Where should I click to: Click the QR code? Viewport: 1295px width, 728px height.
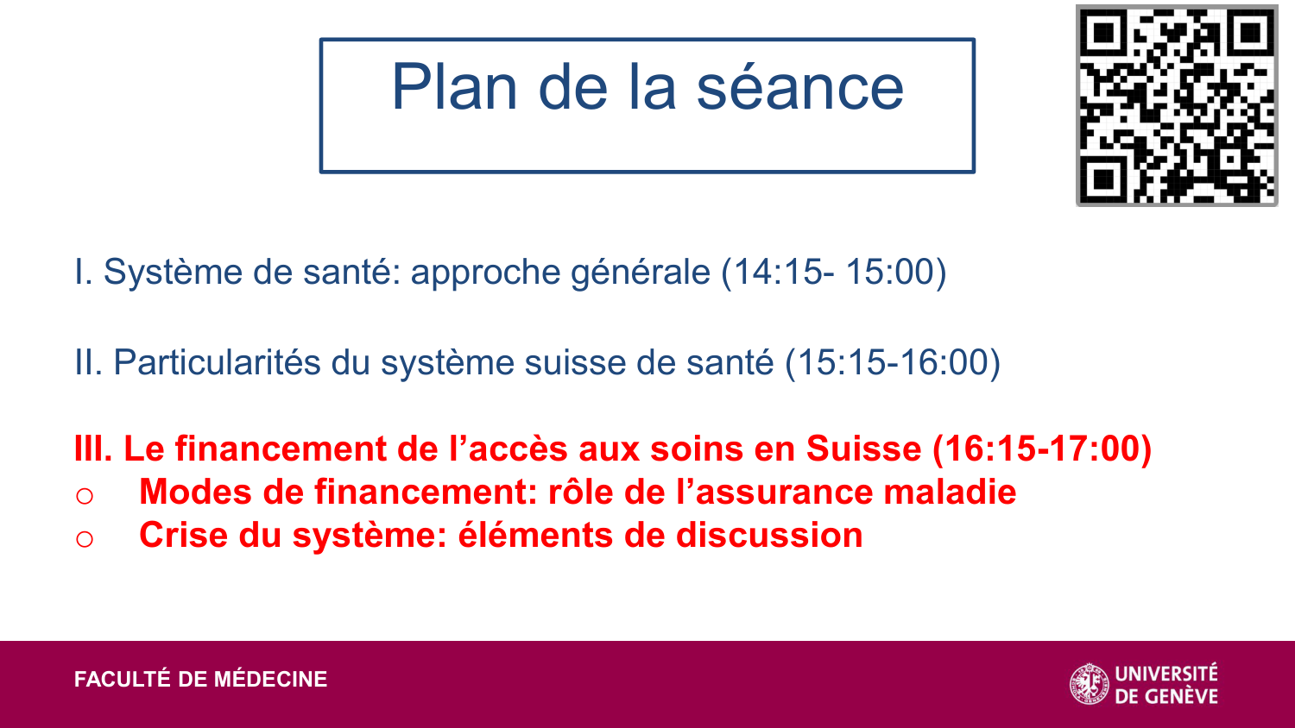click(1176, 105)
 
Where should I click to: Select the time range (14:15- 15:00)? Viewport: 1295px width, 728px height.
click(834, 273)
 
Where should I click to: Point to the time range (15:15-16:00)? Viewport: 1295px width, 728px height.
click(893, 363)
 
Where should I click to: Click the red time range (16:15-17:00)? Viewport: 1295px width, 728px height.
click(1042, 449)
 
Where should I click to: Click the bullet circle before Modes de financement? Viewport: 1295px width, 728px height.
click(85, 496)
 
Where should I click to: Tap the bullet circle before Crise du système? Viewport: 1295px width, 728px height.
click(85, 539)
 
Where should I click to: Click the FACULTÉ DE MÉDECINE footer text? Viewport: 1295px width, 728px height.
click(201, 680)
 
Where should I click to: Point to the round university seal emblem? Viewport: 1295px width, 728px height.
click(1090, 684)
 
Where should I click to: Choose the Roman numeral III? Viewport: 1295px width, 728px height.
click(92, 449)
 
